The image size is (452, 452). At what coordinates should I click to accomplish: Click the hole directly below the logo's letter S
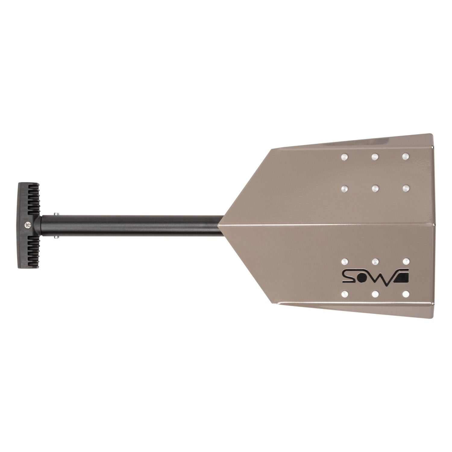pos(344,293)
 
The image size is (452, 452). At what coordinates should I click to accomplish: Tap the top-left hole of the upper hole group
pos(344,156)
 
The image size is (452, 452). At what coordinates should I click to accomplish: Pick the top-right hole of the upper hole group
pos(406,156)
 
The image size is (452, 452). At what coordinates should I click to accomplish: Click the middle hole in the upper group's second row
pos(375,188)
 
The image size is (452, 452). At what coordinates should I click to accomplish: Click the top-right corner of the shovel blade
pos(432,135)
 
